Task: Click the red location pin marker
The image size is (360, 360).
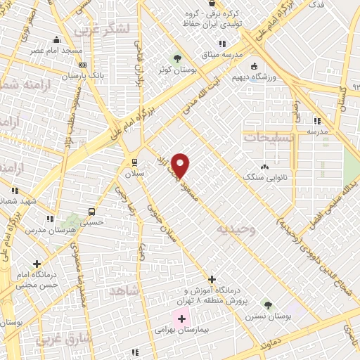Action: (181, 165)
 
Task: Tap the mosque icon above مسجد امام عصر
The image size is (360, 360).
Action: (56, 40)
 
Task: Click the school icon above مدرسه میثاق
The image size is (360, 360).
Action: (222, 44)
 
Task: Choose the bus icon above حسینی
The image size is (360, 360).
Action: (91, 211)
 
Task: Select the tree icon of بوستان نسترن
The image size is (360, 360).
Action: (266, 304)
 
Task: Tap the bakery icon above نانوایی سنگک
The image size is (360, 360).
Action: (264, 167)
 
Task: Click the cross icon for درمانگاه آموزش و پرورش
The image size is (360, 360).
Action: (212, 280)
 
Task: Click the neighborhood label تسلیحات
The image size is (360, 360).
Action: (265, 137)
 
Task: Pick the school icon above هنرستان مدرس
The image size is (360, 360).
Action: (51, 220)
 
